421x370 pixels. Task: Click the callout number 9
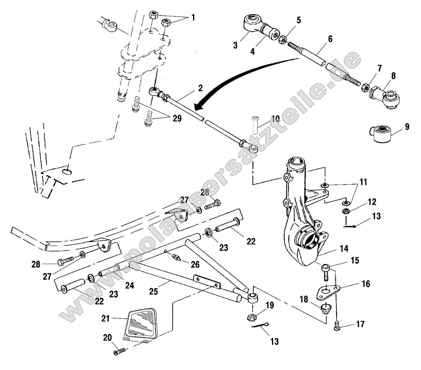[x=407, y=126]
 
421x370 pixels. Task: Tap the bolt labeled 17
[x=337, y=327]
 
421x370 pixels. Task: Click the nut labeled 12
[x=347, y=211]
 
